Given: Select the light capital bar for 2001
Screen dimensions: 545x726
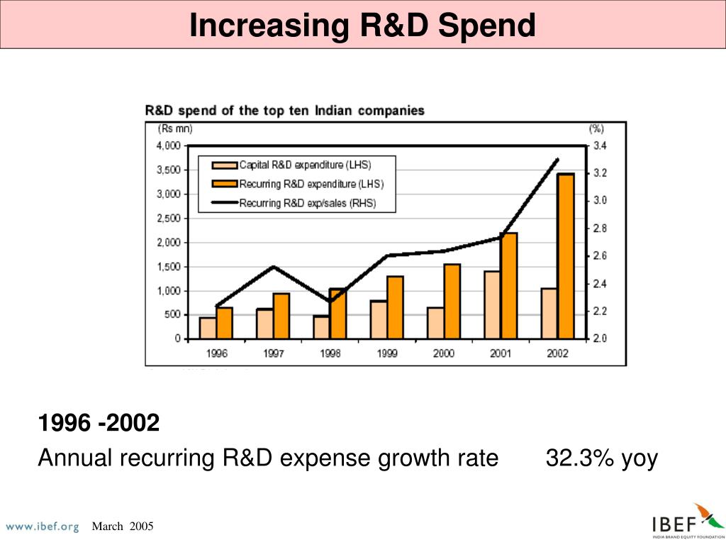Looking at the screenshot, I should (x=492, y=304).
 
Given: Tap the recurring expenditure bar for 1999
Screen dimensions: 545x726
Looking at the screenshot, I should (x=395, y=307).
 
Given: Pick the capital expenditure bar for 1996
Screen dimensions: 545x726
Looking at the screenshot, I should (x=208, y=328).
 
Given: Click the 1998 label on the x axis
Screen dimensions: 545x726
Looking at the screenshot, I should (x=330, y=353).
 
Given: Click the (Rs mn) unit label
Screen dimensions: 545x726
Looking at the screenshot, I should (x=175, y=129).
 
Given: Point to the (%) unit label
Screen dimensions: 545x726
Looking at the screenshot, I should (x=596, y=129).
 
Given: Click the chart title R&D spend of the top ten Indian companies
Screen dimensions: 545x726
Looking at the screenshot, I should (x=285, y=111).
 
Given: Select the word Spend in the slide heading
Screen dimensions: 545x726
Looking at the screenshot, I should (x=486, y=26).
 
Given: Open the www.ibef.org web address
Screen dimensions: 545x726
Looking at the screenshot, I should (x=43, y=527).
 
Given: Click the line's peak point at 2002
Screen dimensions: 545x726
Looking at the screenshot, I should (x=557, y=160).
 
